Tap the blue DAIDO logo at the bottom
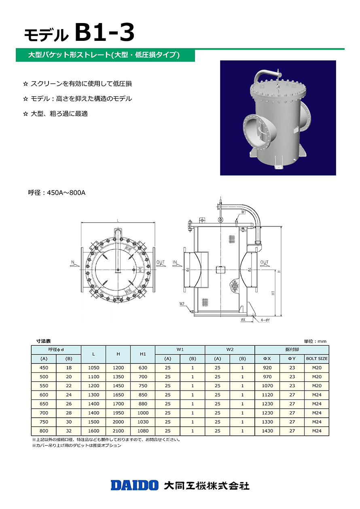pos(135,485)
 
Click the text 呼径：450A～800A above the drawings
pos(57,193)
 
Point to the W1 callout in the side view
pos(244,212)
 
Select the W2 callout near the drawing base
pos(182,304)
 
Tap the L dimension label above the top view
pos(118,220)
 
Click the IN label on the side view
pos(175,262)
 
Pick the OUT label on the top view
pos(161,262)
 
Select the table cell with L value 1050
pos(93,368)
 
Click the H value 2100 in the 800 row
pos(118,431)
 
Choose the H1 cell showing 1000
pos(143,413)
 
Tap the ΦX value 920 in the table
pos(267,368)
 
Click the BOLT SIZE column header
pos(317,359)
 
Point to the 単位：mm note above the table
pos(315,341)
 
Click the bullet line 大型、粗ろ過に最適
pos(59,114)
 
